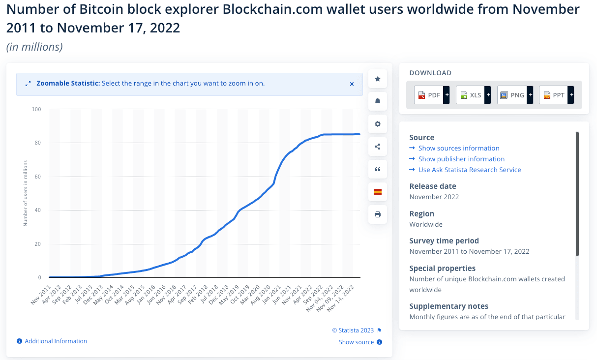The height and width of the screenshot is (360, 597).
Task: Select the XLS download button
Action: point(473,95)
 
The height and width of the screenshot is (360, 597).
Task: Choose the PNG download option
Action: point(515,95)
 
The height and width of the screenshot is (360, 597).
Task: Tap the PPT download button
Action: point(556,95)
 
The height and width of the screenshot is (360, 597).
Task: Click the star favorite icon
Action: point(378,79)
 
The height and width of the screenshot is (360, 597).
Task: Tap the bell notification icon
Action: point(378,101)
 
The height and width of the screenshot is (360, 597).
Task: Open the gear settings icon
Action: point(378,124)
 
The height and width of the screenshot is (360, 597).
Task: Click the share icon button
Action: point(378,147)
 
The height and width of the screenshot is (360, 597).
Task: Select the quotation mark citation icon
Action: point(378,169)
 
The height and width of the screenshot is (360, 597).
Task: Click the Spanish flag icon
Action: point(378,192)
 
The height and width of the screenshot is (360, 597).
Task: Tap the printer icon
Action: point(378,214)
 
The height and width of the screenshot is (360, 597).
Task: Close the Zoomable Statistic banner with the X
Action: point(352,84)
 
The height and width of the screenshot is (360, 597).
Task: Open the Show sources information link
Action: point(458,148)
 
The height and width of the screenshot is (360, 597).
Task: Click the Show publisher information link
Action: point(461,159)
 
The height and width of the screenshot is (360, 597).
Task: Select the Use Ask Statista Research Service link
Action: point(469,170)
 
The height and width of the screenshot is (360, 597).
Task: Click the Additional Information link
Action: point(56,341)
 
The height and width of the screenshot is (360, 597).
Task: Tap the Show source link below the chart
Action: point(356,342)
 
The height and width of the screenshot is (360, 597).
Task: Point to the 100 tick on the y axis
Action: point(37,109)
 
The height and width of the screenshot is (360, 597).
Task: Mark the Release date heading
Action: point(433,186)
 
